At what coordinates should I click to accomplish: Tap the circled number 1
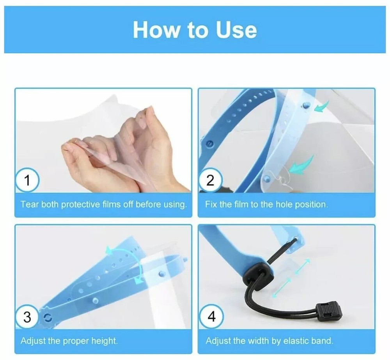(x=27, y=181)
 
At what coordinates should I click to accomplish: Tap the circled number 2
(x=210, y=181)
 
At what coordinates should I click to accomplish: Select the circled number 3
(x=27, y=317)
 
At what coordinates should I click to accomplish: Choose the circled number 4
(x=211, y=317)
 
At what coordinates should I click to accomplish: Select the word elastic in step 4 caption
(x=292, y=341)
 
